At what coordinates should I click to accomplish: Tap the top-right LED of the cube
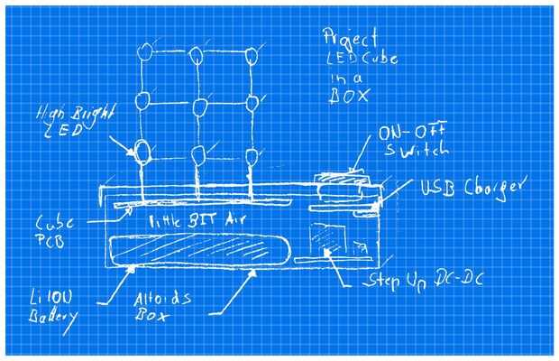pos(250,58)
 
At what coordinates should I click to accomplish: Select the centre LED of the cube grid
pos(200,108)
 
